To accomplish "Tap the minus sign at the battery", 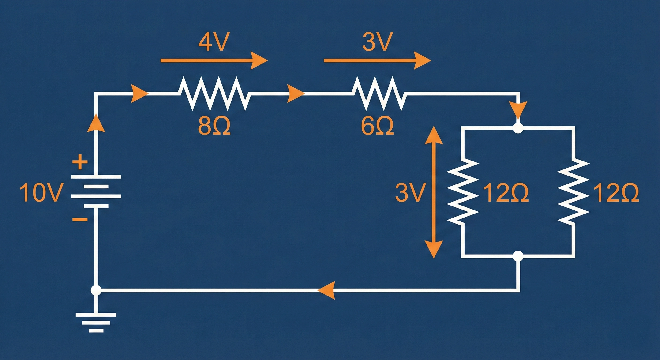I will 80,219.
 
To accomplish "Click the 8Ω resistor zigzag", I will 214,94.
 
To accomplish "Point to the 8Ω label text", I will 214,127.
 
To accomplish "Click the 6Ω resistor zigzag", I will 379,94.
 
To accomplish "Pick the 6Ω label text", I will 377,127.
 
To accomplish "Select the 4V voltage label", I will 213,42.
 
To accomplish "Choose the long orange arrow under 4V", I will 214,60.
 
